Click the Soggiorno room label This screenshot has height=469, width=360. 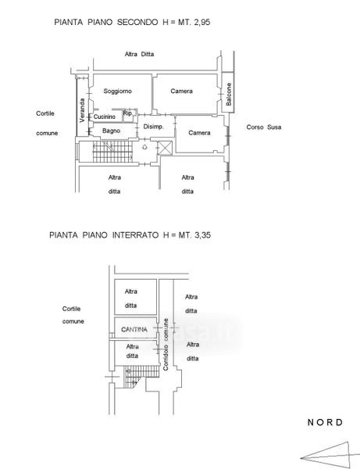[x=117, y=91]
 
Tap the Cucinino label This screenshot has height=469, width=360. [x=105, y=116]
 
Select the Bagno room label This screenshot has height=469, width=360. [x=111, y=131]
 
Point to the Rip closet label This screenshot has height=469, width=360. [x=127, y=113]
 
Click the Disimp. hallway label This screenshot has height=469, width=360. [x=154, y=127]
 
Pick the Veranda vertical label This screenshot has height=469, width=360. [x=82, y=110]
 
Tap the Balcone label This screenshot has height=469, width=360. [x=229, y=94]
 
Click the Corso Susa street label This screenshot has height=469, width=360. [x=264, y=127]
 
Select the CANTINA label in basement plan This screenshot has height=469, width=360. [x=134, y=329]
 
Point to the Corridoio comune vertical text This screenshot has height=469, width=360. [x=166, y=345]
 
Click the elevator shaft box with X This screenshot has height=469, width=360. [x=165, y=148]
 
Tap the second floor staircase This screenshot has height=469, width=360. [x=112, y=152]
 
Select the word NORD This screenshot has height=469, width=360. [x=325, y=422]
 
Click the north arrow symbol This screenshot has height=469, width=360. [x=330, y=455]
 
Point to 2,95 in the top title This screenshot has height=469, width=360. [x=202, y=22]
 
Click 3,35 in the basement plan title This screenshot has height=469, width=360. [x=202, y=235]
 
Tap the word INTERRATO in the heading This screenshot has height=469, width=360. [x=135, y=235]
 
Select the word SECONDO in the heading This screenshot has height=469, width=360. [x=137, y=22]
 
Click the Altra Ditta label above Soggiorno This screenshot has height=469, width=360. [x=139, y=54]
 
